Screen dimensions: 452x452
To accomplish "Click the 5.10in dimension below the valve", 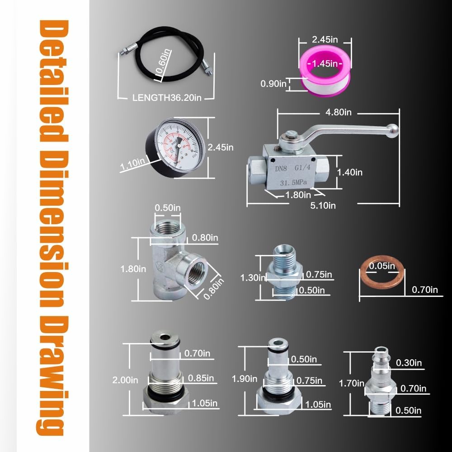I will click(x=323, y=205).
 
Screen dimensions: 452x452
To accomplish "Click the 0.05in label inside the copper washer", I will click(x=381, y=266).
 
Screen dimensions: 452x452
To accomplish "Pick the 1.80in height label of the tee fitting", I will click(x=133, y=268).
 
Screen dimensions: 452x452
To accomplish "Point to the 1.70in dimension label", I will click(x=352, y=383).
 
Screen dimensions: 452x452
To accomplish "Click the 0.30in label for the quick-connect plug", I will click(x=409, y=363).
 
